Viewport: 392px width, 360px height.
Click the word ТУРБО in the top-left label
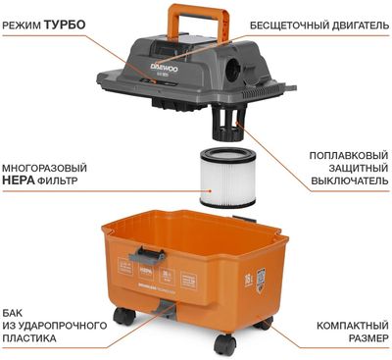(x=66, y=23)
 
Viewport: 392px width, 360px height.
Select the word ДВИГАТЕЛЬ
(x=357, y=23)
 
